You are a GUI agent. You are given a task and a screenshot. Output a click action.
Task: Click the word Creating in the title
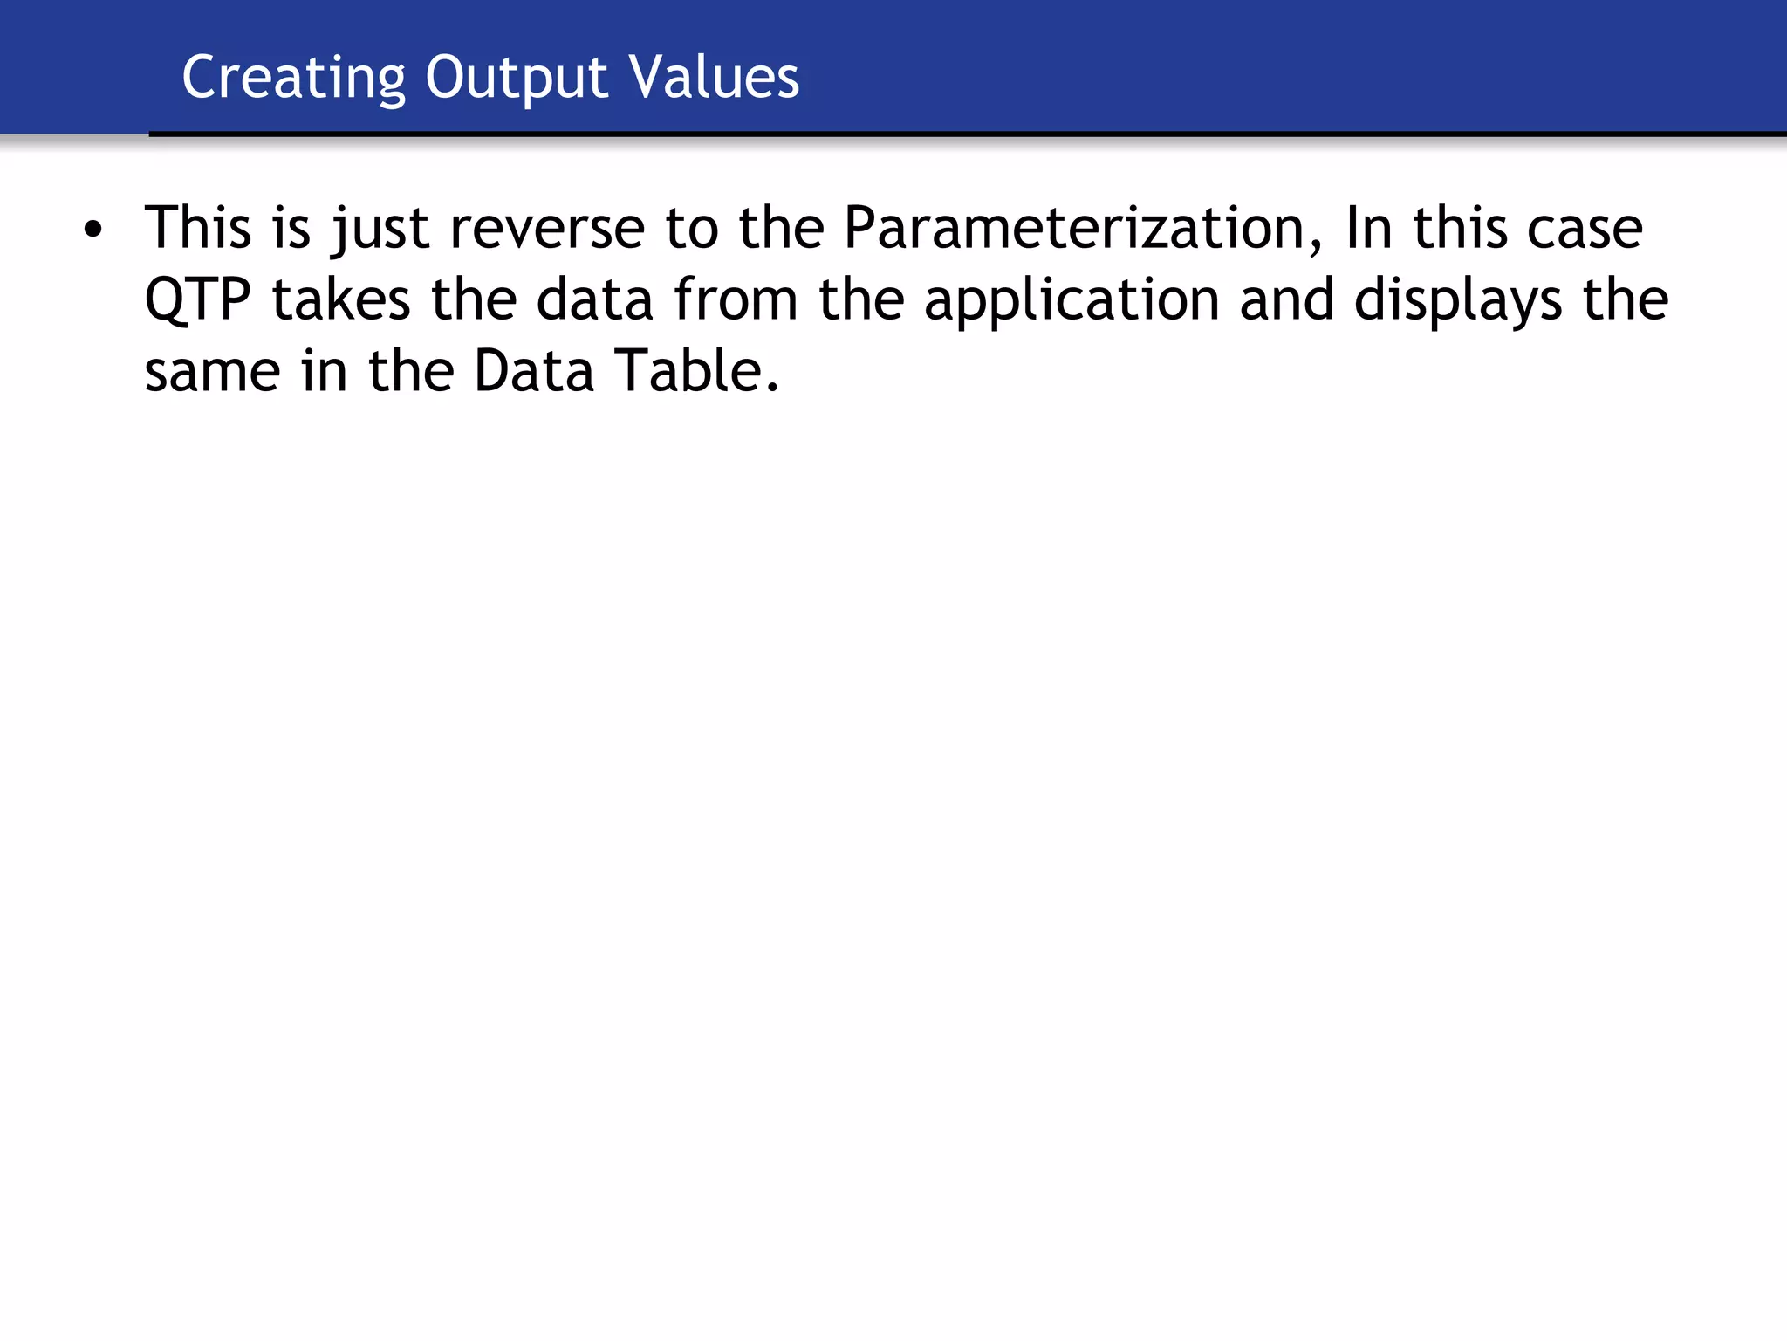[x=293, y=78]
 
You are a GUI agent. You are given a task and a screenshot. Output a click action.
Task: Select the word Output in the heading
[x=516, y=78]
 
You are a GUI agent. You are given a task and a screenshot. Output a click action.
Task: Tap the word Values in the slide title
[x=714, y=78]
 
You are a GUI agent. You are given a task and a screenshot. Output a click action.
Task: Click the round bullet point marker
[x=92, y=231]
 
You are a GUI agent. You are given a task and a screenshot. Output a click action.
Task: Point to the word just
[x=380, y=229]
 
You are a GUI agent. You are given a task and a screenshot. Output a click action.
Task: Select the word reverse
[x=547, y=229]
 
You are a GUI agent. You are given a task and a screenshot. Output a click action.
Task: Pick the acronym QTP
[x=197, y=300]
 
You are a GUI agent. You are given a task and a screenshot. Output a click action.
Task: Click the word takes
[x=340, y=300]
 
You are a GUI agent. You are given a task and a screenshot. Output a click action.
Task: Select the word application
[x=1072, y=300]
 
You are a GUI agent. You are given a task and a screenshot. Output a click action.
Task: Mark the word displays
[x=1458, y=300]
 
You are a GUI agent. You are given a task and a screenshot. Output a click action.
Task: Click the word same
[x=212, y=372]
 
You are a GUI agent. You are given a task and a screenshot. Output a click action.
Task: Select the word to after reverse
[x=691, y=229]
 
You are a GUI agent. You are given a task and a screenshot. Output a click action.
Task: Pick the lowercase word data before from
[x=594, y=300]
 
